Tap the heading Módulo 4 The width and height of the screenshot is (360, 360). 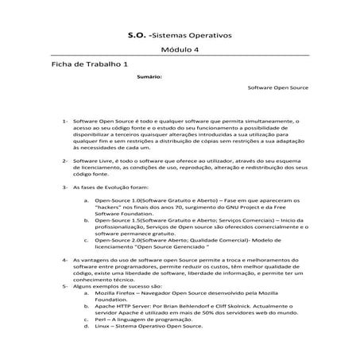pos(180,52)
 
